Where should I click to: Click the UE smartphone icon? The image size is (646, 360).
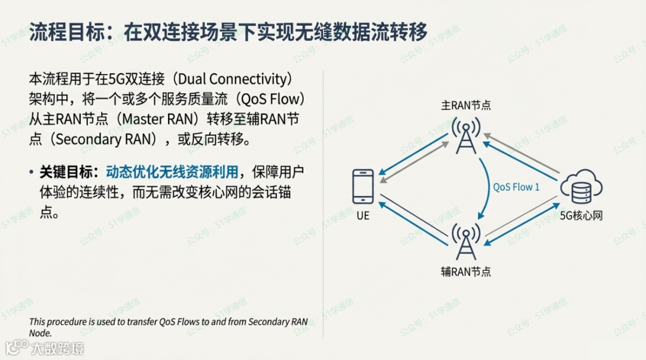pyautogui.click(x=363, y=187)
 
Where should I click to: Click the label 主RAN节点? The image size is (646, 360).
pyautogui.click(x=466, y=105)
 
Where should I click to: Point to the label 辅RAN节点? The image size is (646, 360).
pyautogui.click(x=466, y=271)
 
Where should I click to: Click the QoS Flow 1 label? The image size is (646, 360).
pyautogui.click(x=516, y=187)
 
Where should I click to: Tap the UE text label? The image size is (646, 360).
pyautogui.click(x=363, y=216)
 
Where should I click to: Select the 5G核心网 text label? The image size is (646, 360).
pyautogui.click(x=581, y=216)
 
